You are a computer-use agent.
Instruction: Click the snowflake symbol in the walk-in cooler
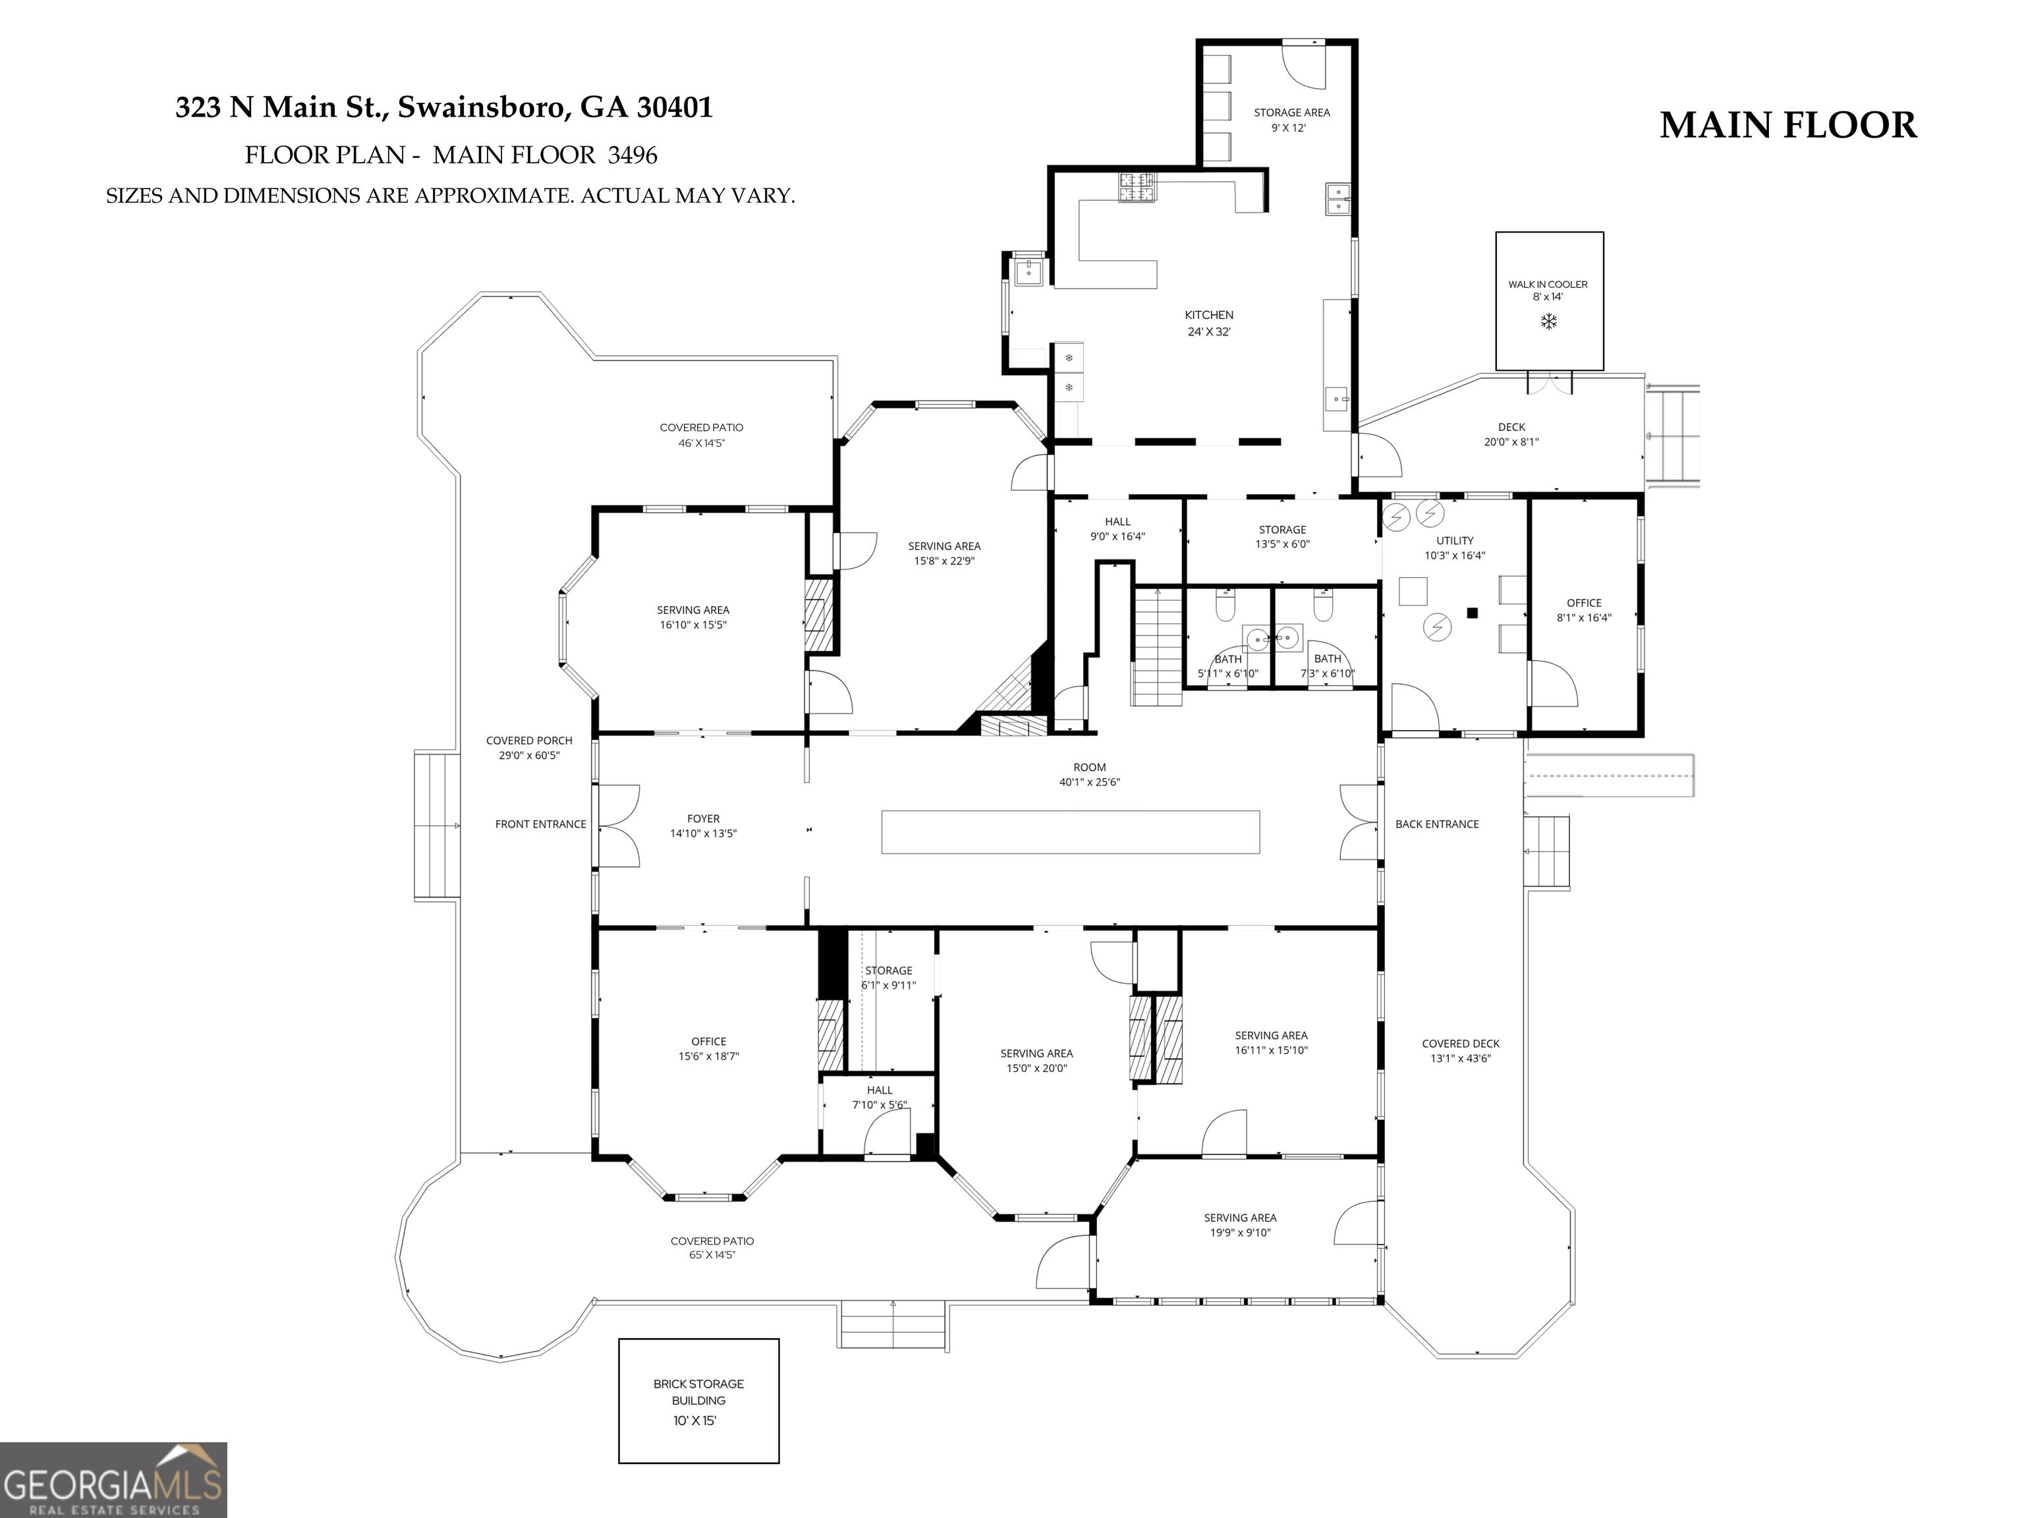[1548, 321]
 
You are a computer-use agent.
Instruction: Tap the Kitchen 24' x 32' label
[1209, 323]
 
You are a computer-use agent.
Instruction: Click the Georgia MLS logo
[113, 1480]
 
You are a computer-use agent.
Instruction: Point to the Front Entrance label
[541, 824]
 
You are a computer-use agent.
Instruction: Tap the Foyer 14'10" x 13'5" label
[704, 826]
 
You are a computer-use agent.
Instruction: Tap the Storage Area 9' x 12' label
[1292, 120]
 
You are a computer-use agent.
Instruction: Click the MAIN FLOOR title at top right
[1788, 125]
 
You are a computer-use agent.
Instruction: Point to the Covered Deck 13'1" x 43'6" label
[1461, 1050]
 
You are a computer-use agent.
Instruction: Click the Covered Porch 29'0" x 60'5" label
[529, 748]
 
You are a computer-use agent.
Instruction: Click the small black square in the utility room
[1473, 613]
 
